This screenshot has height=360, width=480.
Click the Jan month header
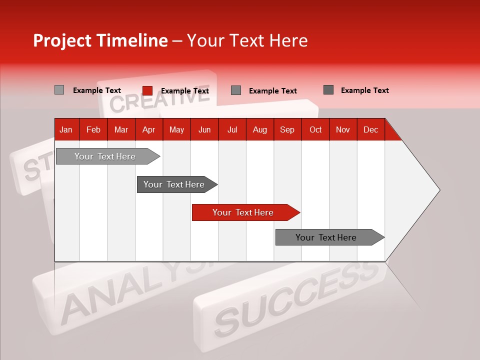click(x=66, y=129)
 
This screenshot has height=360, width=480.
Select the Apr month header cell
click(x=149, y=129)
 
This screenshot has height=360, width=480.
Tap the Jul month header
click(x=232, y=129)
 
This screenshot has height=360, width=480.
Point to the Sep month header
click(x=287, y=129)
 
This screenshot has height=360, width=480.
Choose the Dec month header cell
click(x=370, y=129)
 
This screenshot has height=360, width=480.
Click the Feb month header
click(x=93, y=129)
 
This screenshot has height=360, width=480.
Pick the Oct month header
click(x=315, y=129)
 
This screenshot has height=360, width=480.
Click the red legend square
click(x=147, y=90)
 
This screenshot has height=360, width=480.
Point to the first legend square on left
click(x=59, y=90)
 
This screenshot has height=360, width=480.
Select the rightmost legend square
click(x=328, y=90)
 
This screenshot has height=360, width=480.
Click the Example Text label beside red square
click(x=185, y=91)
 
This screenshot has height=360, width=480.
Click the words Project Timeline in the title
click(x=100, y=40)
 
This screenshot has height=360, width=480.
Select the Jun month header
click(x=204, y=129)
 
